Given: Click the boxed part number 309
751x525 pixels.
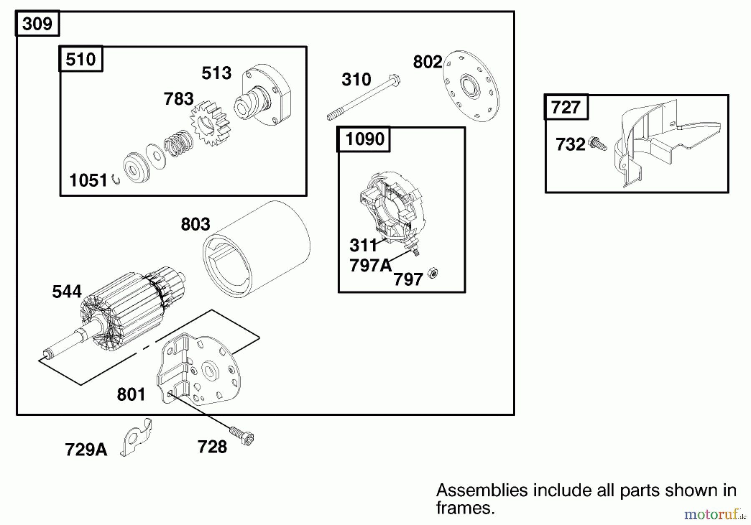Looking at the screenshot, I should (37, 24).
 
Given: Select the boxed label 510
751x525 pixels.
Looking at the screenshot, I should (81, 59).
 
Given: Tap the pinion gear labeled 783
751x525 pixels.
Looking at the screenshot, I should (211, 123).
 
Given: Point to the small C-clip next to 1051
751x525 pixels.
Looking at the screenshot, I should (116, 180).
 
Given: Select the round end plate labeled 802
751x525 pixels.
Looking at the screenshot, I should (471, 86).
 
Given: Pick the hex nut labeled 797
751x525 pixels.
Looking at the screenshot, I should (433, 274).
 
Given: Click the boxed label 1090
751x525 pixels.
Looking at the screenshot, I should (364, 139).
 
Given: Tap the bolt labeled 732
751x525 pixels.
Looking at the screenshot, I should (597, 144).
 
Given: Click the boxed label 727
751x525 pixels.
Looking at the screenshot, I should (566, 108).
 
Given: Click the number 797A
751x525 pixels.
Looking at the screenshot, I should (370, 265).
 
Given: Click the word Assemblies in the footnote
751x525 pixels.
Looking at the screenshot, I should (482, 490).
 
